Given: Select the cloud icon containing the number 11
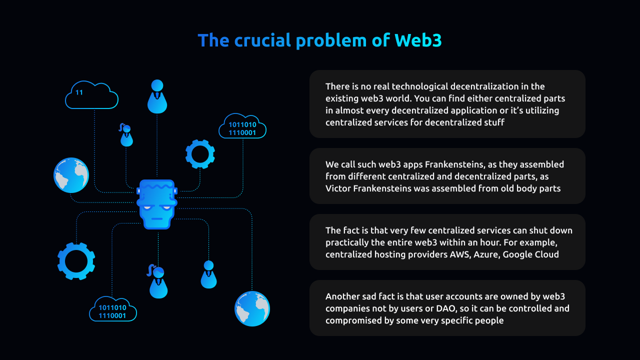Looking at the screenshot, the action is click(91, 95).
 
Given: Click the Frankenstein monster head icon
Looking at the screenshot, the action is click(157, 204).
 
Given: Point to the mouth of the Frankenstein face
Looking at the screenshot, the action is click(157, 218).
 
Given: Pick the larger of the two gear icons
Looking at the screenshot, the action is click(76, 261).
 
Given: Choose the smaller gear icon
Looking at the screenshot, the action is click(200, 154).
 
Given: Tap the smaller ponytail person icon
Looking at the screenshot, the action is click(126, 135).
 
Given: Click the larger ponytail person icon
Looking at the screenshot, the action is click(158, 282).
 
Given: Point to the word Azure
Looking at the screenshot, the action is click(486, 254).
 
